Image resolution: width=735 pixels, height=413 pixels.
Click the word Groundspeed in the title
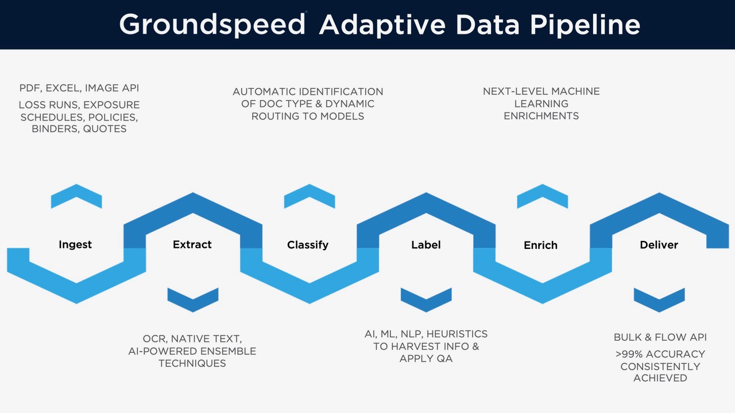point(212,25)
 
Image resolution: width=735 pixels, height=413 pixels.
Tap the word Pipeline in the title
point(585,25)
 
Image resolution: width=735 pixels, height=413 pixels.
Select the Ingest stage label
point(75,245)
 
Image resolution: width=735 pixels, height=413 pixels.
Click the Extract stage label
point(192,244)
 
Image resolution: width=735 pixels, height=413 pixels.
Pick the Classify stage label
point(308,245)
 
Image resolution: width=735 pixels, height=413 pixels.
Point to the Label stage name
point(426,245)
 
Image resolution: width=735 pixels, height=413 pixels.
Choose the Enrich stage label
point(540,245)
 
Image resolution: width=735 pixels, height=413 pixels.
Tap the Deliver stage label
point(659,245)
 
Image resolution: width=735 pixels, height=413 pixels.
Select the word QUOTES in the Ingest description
point(105,129)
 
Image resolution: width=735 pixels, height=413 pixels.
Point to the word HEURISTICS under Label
point(457,334)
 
